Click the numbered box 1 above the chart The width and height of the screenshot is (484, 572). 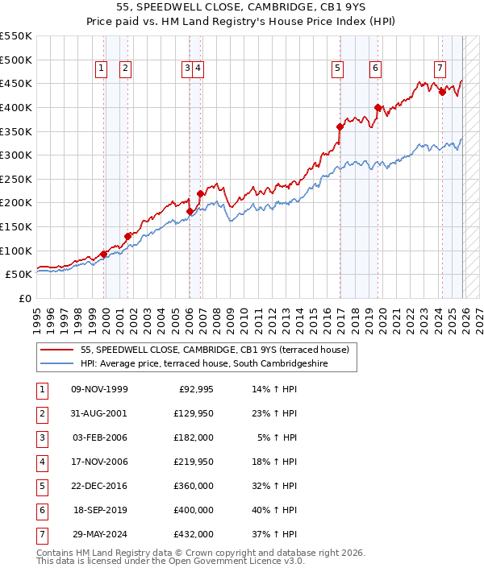coord(101,69)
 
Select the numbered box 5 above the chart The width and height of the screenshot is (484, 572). coord(336,69)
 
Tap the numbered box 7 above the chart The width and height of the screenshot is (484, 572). coord(439,69)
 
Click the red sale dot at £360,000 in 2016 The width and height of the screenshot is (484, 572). coord(340,126)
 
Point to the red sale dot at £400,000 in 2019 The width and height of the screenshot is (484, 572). coord(378,107)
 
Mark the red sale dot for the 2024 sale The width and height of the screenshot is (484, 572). coord(442,92)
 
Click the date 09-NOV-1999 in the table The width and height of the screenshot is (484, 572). coord(99,390)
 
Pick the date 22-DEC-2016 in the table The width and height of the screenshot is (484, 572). coord(99,486)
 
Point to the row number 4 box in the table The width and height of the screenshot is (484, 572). coord(41,462)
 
